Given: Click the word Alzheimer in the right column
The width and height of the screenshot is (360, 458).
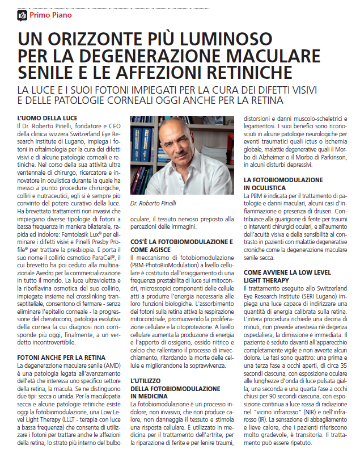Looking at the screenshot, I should (276, 157).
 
